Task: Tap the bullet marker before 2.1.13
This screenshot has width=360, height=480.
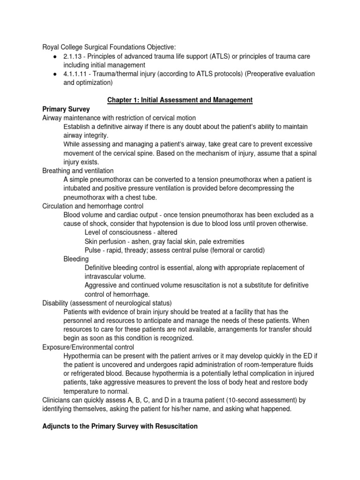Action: click(55, 56)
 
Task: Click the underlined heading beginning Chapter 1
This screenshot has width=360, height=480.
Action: click(180, 100)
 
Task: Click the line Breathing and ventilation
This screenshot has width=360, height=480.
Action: click(78, 171)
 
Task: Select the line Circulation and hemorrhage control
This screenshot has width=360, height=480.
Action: click(93, 206)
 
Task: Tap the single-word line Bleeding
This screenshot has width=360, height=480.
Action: click(76, 259)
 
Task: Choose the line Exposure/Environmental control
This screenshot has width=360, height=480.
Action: click(88, 347)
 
